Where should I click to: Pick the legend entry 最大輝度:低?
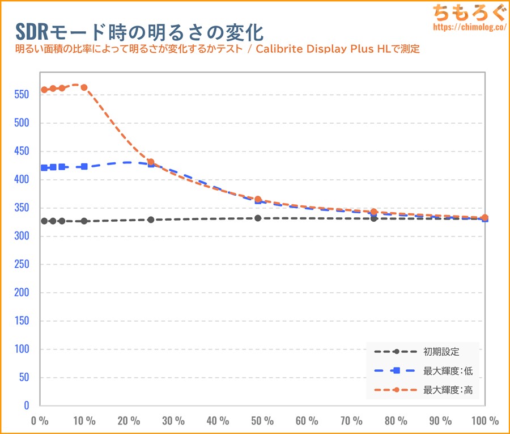point(448,371)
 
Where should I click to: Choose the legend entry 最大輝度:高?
point(448,390)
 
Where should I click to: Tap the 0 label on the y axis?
point(26,406)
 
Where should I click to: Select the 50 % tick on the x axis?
point(262,421)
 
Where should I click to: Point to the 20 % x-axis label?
point(129,421)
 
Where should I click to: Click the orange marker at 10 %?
point(84,87)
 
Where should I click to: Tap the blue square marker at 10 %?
point(84,167)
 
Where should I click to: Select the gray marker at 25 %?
point(151,220)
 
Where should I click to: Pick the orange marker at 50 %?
point(258,200)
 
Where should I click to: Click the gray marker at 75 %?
point(374,218)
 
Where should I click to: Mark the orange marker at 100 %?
point(484,217)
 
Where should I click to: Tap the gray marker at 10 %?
point(84,221)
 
